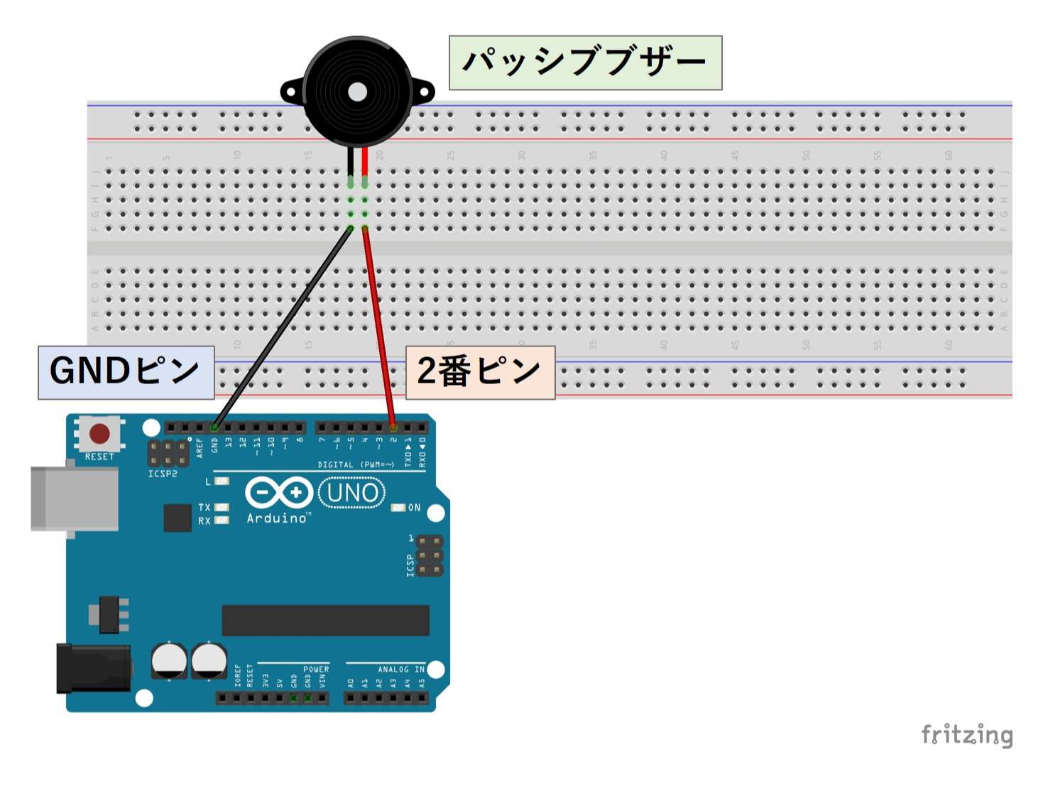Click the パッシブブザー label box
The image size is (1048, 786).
point(585,62)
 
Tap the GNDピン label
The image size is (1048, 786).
point(126,372)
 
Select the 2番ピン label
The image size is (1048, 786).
point(480,372)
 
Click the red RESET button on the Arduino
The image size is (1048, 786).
point(99,433)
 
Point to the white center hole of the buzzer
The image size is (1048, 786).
point(358,92)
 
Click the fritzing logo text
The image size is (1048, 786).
point(966,735)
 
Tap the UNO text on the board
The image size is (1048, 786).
point(352,493)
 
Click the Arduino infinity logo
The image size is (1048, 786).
point(278,493)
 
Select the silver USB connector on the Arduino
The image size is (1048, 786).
point(74,498)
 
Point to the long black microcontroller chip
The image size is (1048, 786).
point(325,621)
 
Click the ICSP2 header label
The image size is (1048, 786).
point(163,474)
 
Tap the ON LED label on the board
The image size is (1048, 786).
point(414,508)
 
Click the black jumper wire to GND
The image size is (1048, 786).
point(284,327)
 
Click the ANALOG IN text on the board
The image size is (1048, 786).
point(401,670)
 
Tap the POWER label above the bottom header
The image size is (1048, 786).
point(316,670)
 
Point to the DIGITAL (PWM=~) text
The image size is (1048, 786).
point(356,464)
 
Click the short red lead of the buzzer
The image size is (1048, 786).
point(365,160)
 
